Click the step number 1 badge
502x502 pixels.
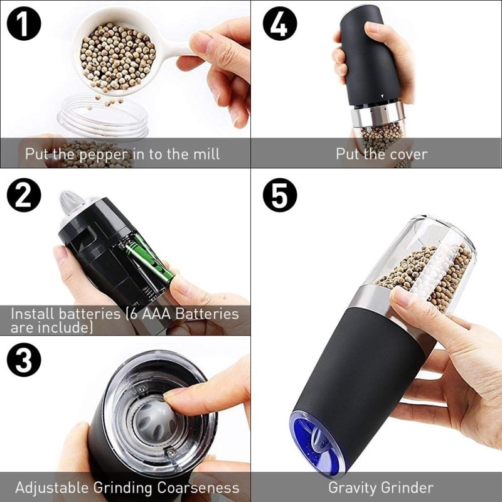(x=24, y=23)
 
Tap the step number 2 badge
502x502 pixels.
(x=24, y=195)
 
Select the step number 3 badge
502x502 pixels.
(x=24, y=360)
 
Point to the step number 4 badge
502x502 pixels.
(x=280, y=23)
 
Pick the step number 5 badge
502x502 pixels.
(x=280, y=195)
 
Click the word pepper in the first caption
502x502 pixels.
(x=104, y=155)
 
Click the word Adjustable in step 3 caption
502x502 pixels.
(x=52, y=488)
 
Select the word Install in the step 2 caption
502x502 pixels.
(x=33, y=314)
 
